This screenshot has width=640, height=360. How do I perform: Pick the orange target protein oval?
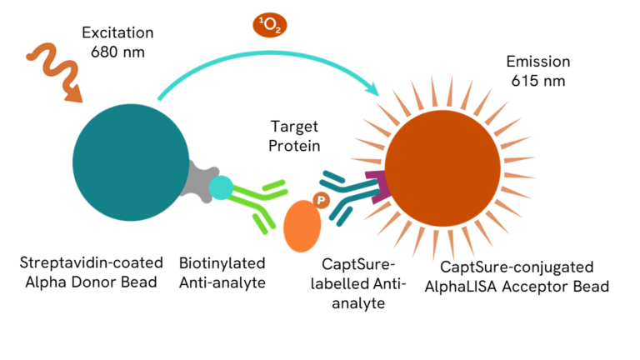(x=302, y=227)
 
